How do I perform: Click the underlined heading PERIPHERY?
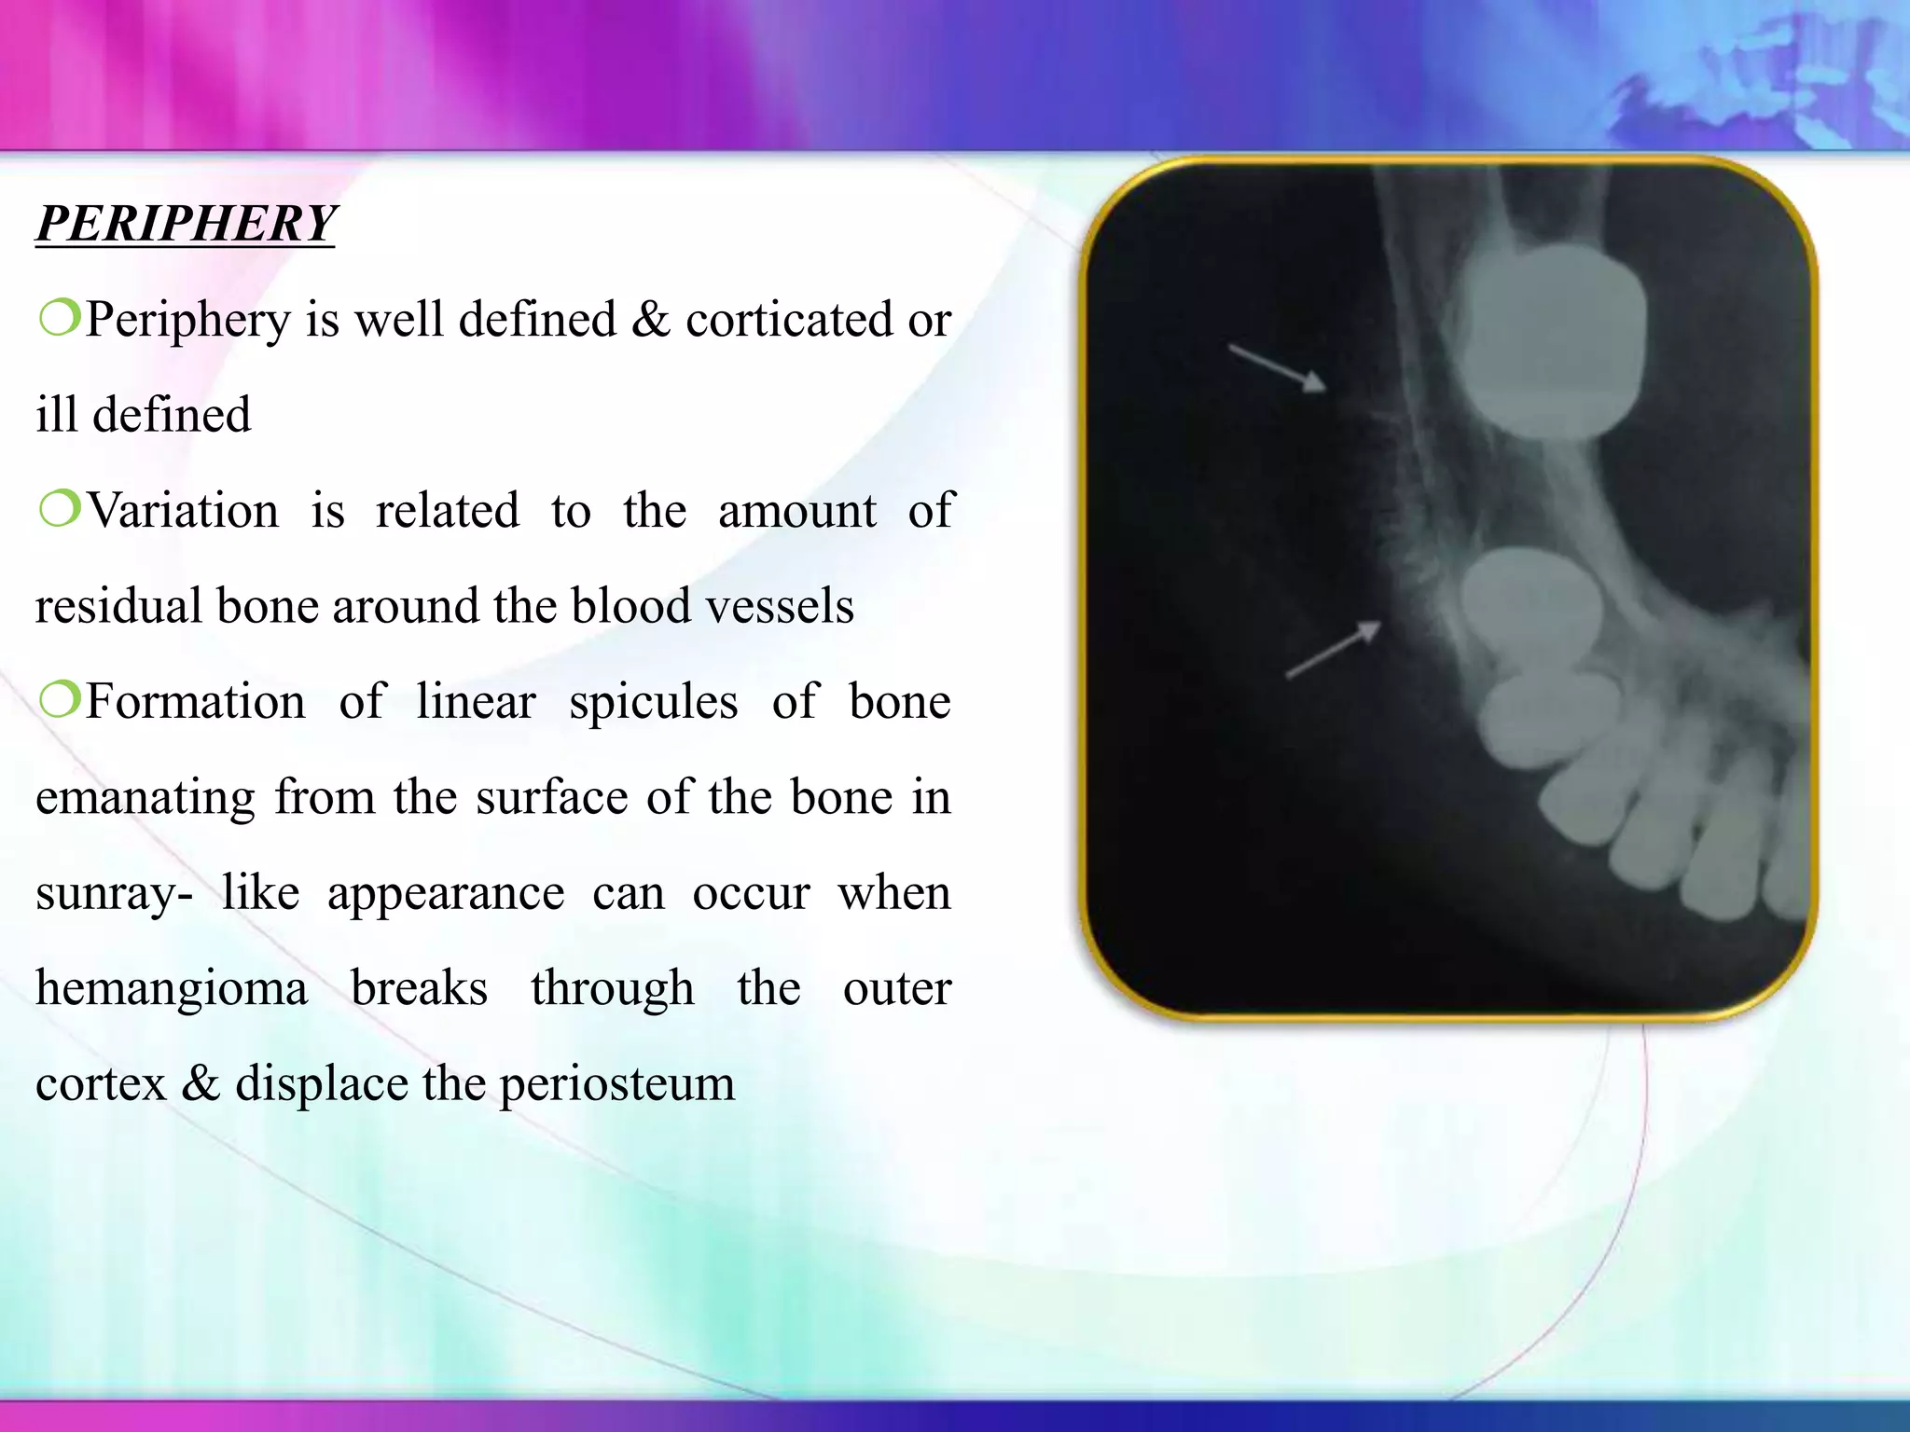click(186, 224)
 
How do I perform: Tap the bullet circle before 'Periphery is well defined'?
click(59, 319)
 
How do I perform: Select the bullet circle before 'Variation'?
click(59, 510)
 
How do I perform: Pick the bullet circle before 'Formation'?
click(59, 701)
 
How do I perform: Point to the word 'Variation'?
click(183, 511)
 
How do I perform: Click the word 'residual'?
click(116, 606)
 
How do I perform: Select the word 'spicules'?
click(653, 703)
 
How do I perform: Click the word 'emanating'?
click(145, 798)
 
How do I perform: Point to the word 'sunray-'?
click(114, 894)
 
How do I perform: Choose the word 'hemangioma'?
click(172, 988)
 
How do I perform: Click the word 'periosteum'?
click(616, 1085)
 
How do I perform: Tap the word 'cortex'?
click(100, 1083)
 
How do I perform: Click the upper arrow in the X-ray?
click(1277, 367)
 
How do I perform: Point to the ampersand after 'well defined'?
click(650, 320)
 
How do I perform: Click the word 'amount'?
click(796, 511)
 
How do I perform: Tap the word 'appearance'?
click(446, 894)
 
